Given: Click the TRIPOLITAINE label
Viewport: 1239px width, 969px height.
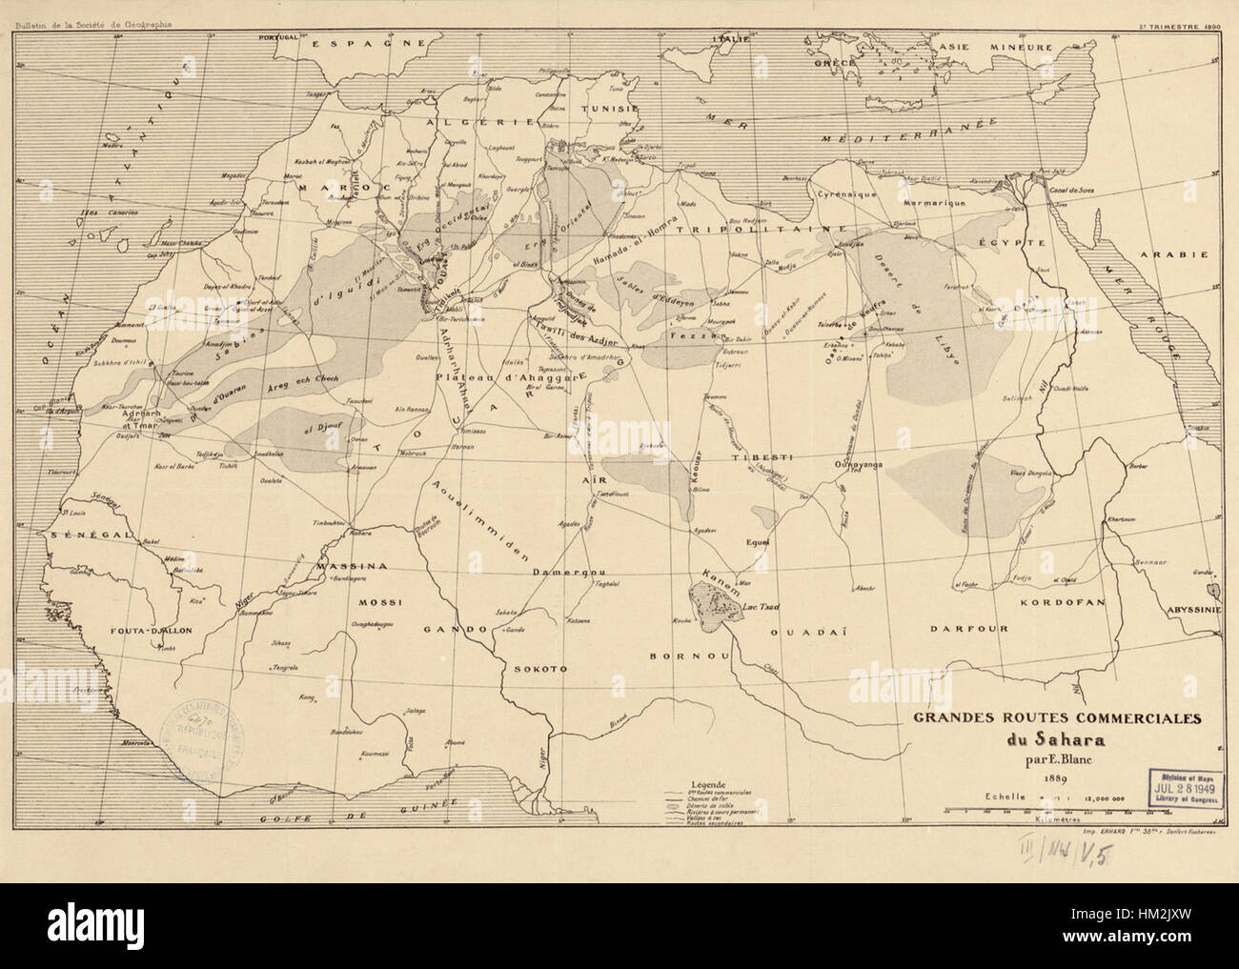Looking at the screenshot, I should pyautogui.click(x=763, y=230).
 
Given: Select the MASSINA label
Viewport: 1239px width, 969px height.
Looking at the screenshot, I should pyautogui.click(x=350, y=565).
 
